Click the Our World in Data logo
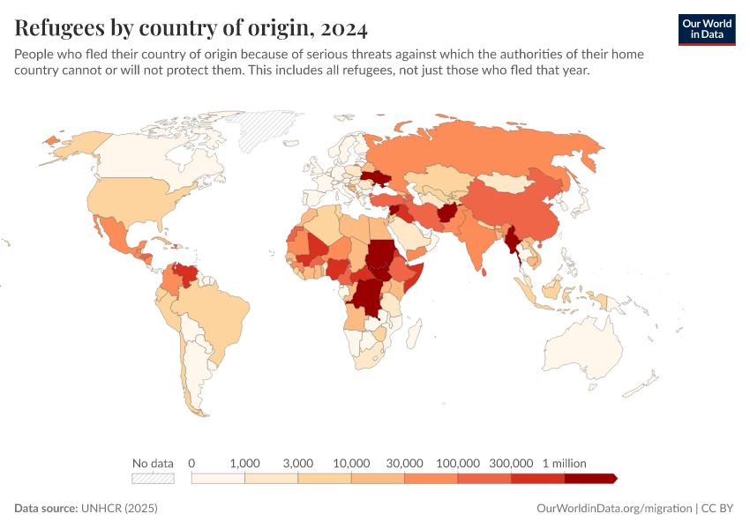click(x=706, y=29)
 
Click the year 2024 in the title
click(x=344, y=28)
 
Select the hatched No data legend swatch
click(x=153, y=478)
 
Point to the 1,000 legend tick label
click(x=244, y=463)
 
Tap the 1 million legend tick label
click(x=564, y=463)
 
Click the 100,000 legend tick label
click(x=458, y=463)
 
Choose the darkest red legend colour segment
click(x=589, y=478)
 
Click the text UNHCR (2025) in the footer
click(x=119, y=509)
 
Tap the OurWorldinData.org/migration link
click(x=613, y=509)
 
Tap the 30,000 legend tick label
click(x=405, y=463)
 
